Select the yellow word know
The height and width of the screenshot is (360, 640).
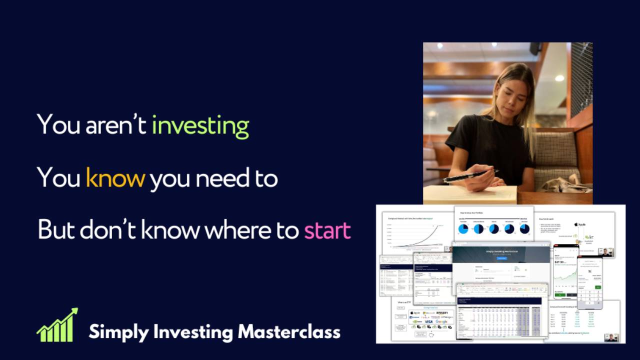coord(115,177)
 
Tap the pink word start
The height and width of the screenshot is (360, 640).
coord(327,230)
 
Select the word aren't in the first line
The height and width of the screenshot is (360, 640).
coord(115,125)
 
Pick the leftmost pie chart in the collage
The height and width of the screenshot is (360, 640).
coord(463,229)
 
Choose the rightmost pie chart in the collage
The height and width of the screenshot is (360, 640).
coord(525,229)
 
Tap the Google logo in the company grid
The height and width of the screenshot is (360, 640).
coord(441,321)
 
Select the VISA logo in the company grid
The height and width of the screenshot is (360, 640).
coord(428,321)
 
